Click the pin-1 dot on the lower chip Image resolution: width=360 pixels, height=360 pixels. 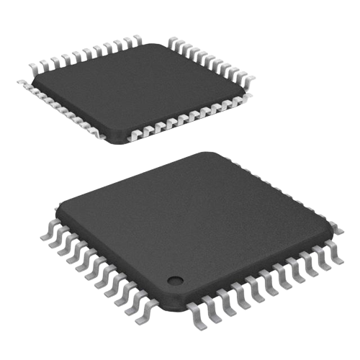[x=173, y=279]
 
